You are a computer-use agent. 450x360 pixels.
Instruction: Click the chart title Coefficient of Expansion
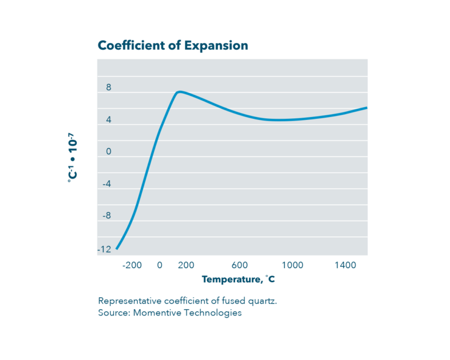tap(172, 46)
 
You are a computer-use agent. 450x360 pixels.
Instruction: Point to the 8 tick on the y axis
tap(108, 88)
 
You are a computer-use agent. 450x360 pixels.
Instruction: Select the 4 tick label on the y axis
tap(108, 120)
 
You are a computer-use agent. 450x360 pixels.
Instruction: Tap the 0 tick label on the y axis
tap(108, 152)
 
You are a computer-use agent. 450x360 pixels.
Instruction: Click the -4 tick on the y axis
tap(107, 184)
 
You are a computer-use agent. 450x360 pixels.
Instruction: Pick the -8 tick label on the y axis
tap(107, 216)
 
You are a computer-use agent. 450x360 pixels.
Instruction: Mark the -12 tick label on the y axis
tap(105, 249)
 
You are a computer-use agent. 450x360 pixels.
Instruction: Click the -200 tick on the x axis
tap(132, 265)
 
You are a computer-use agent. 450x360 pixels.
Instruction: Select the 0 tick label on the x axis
tap(159, 265)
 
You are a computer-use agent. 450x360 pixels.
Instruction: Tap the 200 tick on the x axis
tap(186, 265)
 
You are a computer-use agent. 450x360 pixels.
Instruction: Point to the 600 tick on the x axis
tap(240, 265)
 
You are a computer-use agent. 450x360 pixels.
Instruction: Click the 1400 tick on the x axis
tap(346, 265)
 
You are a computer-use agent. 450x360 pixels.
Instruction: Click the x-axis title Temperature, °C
tap(238, 280)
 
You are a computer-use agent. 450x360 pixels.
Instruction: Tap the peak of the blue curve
tap(179, 91)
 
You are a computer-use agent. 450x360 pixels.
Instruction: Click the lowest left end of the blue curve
tap(117, 249)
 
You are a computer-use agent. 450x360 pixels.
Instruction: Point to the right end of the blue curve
tap(366, 108)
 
